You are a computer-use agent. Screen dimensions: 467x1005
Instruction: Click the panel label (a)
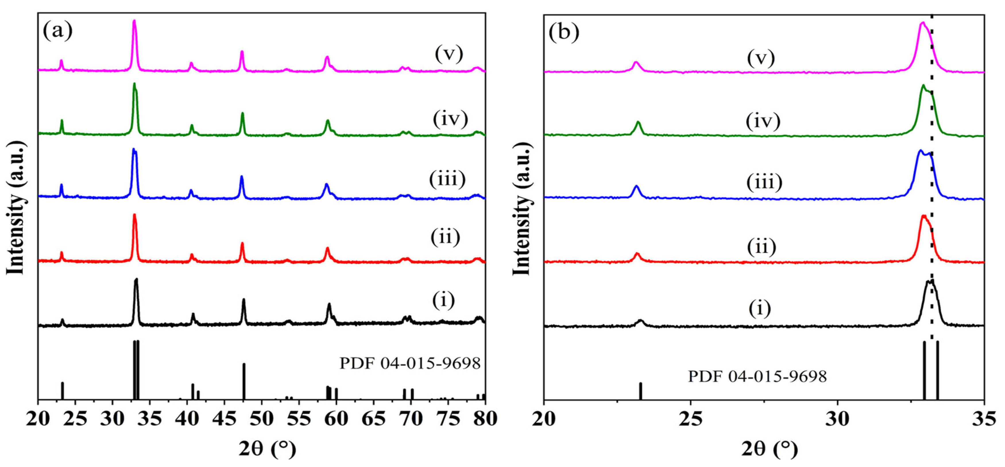(x=58, y=30)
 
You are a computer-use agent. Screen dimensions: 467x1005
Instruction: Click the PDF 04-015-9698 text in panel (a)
(x=410, y=364)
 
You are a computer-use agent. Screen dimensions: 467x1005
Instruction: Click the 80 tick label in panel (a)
(x=485, y=419)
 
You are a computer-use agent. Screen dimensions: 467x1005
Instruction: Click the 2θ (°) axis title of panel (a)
(x=268, y=449)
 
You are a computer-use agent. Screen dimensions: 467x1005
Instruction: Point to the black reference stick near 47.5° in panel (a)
(x=244, y=381)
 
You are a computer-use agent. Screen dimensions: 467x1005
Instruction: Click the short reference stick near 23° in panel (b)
(x=641, y=391)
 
